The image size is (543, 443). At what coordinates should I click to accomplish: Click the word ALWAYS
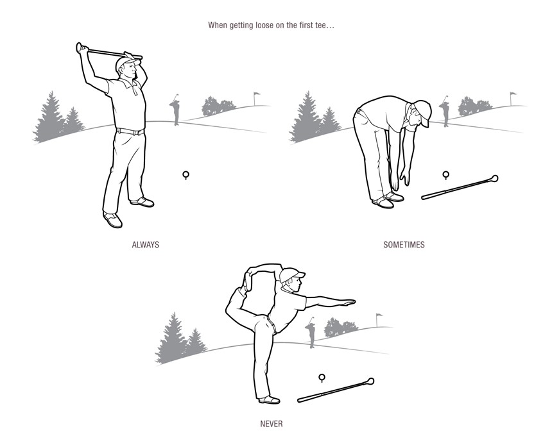click(x=145, y=245)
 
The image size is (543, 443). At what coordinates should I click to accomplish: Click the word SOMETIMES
click(x=404, y=245)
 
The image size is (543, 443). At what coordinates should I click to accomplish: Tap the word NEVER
click(x=271, y=424)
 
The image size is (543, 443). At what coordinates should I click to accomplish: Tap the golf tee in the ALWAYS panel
click(x=186, y=174)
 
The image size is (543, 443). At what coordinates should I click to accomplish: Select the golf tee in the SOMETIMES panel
click(x=446, y=174)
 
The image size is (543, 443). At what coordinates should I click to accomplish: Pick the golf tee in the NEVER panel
click(x=322, y=378)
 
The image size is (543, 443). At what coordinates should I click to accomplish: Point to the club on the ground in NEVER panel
click(x=336, y=390)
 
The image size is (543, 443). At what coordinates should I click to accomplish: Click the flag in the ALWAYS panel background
click(x=257, y=96)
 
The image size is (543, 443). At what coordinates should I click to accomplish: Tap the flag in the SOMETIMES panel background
click(x=513, y=96)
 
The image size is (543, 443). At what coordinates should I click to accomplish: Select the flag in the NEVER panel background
click(x=379, y=317)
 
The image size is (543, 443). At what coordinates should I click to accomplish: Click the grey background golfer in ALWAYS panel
click(x=175, y=110)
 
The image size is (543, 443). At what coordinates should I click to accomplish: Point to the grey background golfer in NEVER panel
click(x=311, y=333)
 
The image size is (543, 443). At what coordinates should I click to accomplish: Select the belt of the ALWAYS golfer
click(x=130, y=131)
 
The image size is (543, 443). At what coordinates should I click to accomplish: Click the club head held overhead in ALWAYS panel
click(x=80, y=47)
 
